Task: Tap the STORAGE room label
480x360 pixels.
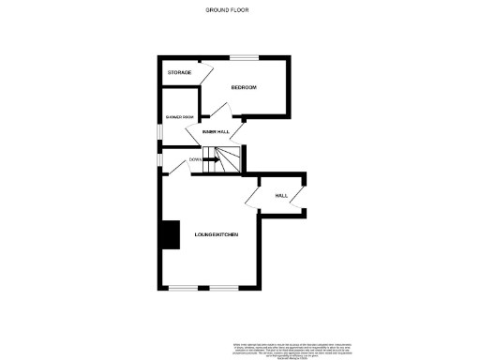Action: pos(179,72)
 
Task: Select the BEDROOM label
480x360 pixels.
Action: pos(244,87)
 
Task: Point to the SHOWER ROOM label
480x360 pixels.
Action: pos(179,117)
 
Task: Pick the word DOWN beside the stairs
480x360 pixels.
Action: pos(195,159)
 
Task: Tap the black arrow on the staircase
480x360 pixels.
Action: pos(212,159)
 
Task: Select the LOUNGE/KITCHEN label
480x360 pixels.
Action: pos(214,233)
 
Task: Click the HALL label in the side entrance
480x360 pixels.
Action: pos(280,196)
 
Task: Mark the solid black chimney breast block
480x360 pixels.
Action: pos(170,234)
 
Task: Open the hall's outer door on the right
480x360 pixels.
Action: pos(298,196)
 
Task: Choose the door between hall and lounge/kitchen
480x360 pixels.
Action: pos(252,195)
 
